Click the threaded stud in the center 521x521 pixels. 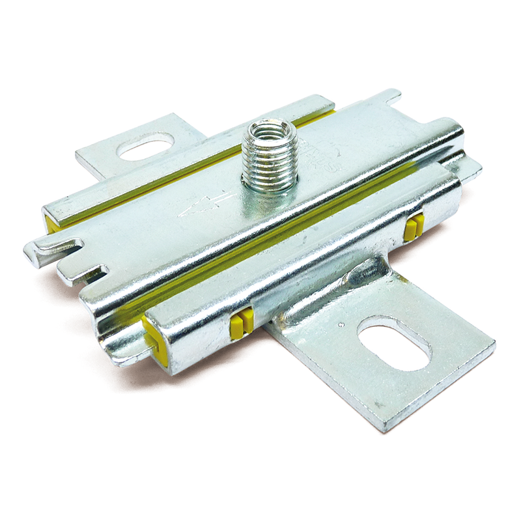coord(269,160)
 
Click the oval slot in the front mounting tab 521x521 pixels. coord(395,343)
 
